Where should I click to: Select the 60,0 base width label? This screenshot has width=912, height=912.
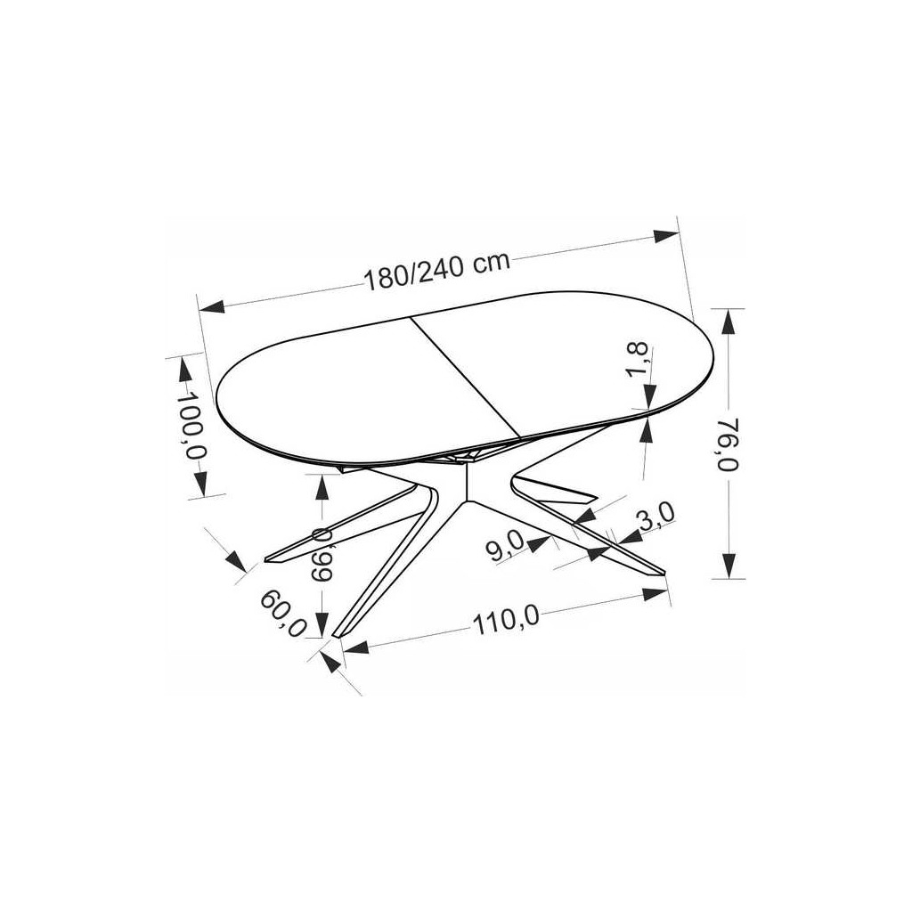coord(283,614)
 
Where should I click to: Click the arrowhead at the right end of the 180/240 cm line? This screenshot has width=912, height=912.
coord(666,236)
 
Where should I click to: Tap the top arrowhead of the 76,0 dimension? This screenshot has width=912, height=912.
coord(729,321)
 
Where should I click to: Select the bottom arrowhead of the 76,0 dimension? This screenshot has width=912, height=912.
coord(729,565)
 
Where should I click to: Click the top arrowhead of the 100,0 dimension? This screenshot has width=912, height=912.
coord(184,370)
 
